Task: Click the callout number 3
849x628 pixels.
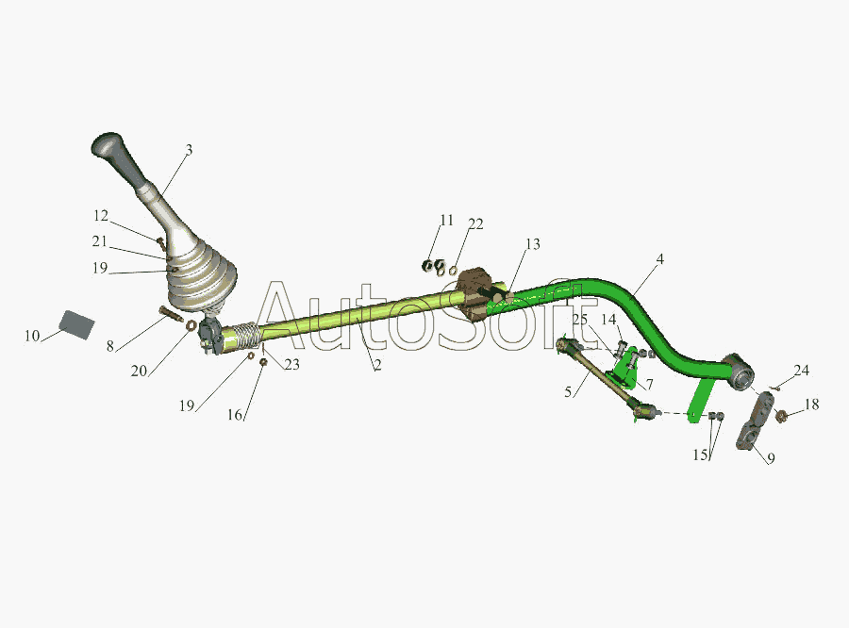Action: point(189,150)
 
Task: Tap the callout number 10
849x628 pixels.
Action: point(32,336)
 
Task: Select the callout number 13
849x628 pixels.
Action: point(533,244)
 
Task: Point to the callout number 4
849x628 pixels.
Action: point(659,259)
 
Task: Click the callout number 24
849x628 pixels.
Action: point(801,371)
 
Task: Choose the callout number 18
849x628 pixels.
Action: point(811,405)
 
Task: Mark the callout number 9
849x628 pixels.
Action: point(771,458)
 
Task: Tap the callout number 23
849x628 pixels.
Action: point(291,365)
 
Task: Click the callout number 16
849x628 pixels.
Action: point(235,415)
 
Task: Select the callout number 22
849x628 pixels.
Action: point(475,223)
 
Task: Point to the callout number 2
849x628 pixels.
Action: point(377,366)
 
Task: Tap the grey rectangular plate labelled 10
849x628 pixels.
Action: point(77,324)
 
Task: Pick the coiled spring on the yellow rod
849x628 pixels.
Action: point(247,334)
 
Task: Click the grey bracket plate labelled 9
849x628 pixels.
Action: point(755,421)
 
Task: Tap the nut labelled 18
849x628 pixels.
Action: point(780,416)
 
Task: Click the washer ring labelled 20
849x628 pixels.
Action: point(191,325)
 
